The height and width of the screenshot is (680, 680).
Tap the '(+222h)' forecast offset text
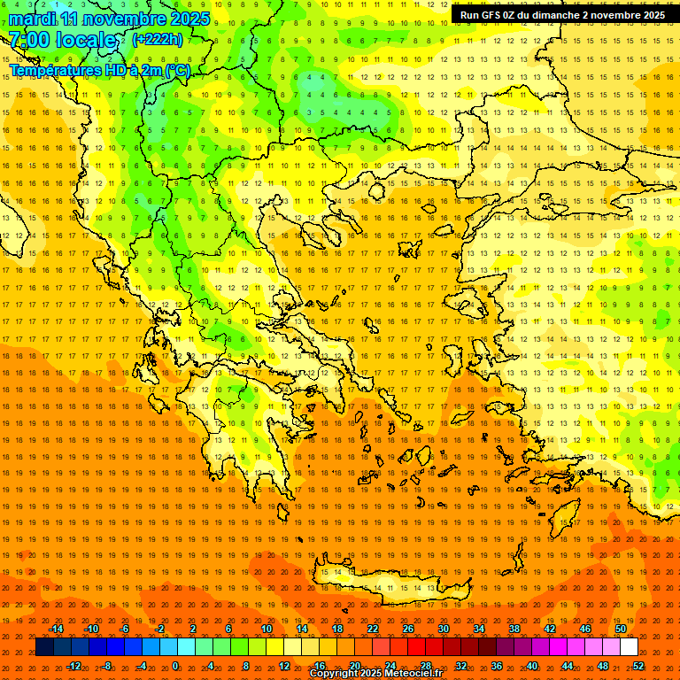tap(157, 39)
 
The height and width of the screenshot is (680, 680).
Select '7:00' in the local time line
tap(28, 40)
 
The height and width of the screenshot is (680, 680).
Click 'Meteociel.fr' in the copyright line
tap(413, 674)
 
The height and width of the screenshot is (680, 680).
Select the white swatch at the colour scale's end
tap(629, 647)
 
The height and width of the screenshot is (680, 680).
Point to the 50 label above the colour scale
tap(621, 629)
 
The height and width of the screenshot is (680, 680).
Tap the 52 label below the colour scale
tap(638, 666)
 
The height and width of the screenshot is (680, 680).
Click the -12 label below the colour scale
tap(73, 666)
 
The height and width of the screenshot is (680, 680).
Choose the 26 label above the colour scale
tap(408, 629)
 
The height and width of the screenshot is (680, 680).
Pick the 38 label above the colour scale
tap(514, 629)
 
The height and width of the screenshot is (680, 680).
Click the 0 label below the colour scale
tap(175, 666)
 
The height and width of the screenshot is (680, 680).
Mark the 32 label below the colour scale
tap(461, 666)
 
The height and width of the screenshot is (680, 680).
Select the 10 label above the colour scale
tap(267, 629)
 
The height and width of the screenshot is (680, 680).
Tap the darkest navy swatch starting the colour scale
tap(44, 647)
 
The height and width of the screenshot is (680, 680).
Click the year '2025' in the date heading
tap(189, 19)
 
